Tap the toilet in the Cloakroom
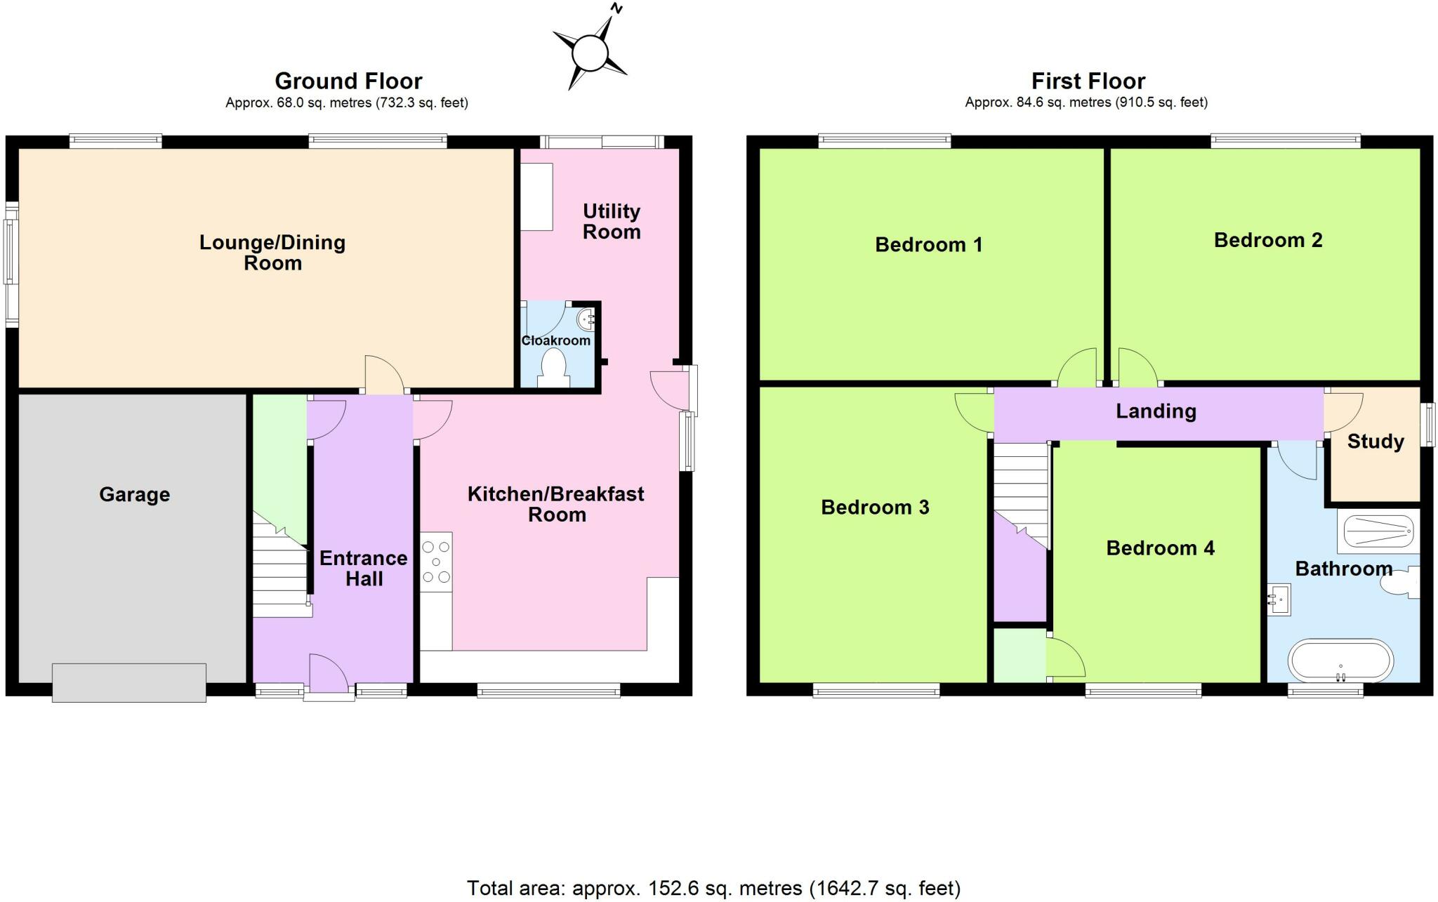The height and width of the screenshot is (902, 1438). tap(555, 368)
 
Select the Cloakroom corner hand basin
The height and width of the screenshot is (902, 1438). tap(586, 319)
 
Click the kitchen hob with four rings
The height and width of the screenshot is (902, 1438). tap(436, 562)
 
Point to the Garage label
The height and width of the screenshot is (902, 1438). tap(134, 494)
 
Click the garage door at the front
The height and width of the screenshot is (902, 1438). tap(129, 682)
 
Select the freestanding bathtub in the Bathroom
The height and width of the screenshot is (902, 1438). tap(1340, 661)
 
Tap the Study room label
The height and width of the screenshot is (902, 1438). tap(1375, 442)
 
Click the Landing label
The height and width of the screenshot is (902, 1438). tap(1156, 411)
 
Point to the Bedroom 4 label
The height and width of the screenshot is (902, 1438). tap(1160, 548)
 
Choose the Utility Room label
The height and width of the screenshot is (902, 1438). tap(611, 221)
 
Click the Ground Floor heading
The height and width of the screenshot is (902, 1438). tap(348, 81)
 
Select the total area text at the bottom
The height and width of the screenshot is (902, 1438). tap(713, 888)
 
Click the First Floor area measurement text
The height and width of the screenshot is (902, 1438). tap(1086, 102)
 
